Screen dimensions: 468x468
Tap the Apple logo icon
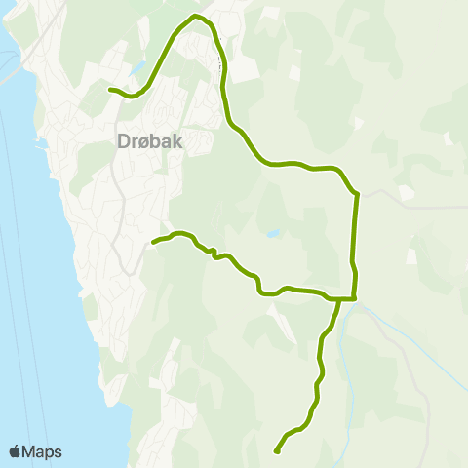pos(16,452)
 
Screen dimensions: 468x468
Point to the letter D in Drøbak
pos(123,141)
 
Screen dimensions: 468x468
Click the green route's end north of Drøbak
pos(109,90)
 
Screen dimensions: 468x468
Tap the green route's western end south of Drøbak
pos(154,240)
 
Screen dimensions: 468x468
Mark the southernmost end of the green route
pos(277,451)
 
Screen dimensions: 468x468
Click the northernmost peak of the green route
pos(196,17)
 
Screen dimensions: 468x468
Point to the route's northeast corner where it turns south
pos(358,194)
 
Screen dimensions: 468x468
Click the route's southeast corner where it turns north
pos(355,297)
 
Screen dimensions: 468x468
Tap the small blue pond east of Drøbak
pos(273,234)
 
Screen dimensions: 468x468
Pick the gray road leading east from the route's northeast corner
pos(409,206)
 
